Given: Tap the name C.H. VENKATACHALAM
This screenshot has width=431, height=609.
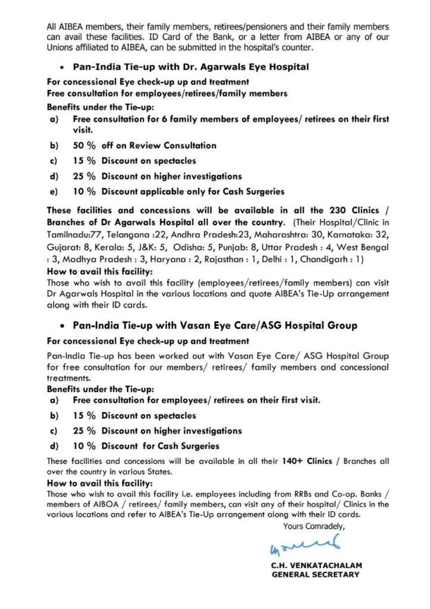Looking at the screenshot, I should pyautogui.click(x=315, y=565).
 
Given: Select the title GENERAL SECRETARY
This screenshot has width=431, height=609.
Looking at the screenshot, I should pyautogui.click(x=315, y=575).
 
